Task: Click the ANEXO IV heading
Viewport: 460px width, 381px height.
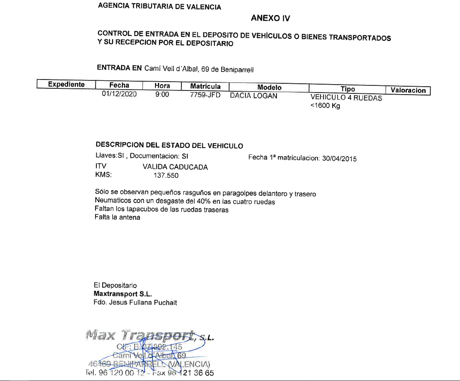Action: pyautogui.click(x=270, y=18)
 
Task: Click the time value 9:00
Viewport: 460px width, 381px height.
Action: pyautogui.click(x=162, y=95)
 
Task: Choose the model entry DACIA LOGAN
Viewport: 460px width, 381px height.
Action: pyautogui.click(x=253, y=96)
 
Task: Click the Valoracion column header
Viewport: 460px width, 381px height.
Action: pyautogui.click(x=408, y=90)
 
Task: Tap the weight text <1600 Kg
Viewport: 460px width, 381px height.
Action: pyautogui.click(x=325, y=106)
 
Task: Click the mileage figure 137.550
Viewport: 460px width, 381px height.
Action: pyautogui.click(x=166, y=175)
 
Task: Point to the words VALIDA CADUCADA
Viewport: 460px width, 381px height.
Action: pyautogui.click(x=175, y=167)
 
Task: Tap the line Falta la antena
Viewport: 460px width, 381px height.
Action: pyautogui.click(x=118, y=218)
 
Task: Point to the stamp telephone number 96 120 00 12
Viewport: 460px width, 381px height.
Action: pyautogui.click(x=121, y=373)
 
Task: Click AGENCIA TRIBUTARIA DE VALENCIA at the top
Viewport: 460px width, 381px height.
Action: pyautogui.click(x=159, y=7)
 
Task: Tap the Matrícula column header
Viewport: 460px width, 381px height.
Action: pyautogui.click(x=205, y=86)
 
